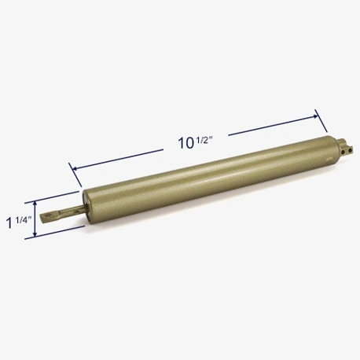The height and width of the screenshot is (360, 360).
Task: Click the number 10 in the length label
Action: (186, 143)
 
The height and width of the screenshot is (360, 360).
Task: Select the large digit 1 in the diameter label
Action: (9, 223)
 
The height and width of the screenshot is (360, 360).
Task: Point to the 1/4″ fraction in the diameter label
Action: (24, 219)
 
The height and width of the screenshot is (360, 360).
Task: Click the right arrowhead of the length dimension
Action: (314, 116)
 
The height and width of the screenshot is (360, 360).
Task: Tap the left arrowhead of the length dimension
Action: (75, 168)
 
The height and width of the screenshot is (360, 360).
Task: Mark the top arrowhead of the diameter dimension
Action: (35, 204)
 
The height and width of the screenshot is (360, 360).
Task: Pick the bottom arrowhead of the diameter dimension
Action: (35, 234)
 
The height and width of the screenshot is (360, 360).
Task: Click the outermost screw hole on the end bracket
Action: (349, 150)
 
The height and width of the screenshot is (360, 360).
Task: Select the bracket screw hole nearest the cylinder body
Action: (343, 152)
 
